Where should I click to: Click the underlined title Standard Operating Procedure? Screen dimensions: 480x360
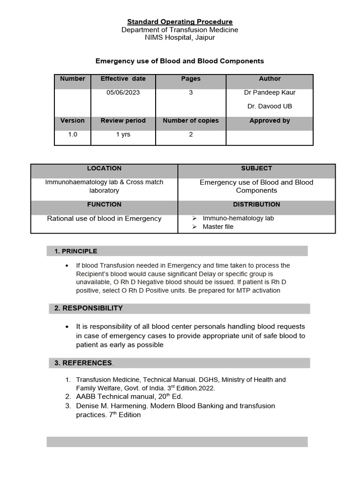click(180, 22)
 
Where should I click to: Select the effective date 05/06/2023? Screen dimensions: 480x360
click(123, 92)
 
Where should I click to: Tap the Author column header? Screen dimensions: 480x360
click(270, 79)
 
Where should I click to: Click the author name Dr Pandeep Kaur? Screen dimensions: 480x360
click(270, 92)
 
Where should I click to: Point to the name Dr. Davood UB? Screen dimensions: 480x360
click(270, 106)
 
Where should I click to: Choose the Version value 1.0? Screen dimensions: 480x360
click(73, 135)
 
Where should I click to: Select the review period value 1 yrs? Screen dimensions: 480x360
click(123, 135)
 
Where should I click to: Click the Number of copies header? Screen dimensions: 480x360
click(191, 120)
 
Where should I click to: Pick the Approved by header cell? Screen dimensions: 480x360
click(270, 120)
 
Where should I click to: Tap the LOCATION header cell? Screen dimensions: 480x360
click(104, 168)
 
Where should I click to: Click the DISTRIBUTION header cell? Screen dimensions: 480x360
click(256, 204)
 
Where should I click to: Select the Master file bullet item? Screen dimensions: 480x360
click(217, 227)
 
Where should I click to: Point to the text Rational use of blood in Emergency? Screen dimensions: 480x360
click(104, 218)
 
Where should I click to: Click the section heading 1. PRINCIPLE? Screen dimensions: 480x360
click(76, 251)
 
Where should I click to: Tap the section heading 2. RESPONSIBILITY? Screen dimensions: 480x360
click(89, 308)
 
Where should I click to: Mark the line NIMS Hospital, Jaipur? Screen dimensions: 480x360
click(180, 37)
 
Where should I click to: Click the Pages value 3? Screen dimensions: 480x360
click(191, 92)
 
